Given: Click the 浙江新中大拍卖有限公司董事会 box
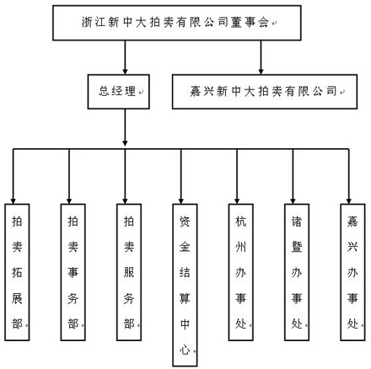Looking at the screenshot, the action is click(x=177, y=23).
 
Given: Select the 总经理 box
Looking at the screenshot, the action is click(x=118, y=92).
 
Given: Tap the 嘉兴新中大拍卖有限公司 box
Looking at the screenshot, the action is click(x=265, y=92).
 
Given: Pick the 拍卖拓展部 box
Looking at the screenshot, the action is click(x=17, y=272).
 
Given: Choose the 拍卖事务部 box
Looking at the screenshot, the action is click(x=73, y=272).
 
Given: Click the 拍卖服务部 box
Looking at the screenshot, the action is click(x=129, y=272).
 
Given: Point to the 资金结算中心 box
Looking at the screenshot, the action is click(x=185, y=285).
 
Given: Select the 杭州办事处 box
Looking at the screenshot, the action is click(x=240, y=272).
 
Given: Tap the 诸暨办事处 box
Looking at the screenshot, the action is click(x=297, y=272).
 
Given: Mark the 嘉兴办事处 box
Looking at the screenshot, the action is click(x=352, y=272).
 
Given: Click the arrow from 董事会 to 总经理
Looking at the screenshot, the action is click(x=125, y=57).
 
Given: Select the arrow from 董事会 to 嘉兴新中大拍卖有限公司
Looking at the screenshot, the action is click(x=261, y=57).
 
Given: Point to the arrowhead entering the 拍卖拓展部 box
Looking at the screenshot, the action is click(x=13, y=201).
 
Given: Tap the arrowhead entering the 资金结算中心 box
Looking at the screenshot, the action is click(x=181, y=201).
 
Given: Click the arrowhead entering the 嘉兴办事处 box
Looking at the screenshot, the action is click(x=349, y=201).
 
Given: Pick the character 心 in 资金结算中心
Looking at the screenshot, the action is click(x=185, y=350).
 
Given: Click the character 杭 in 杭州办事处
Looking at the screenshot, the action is click(x=240, y=222).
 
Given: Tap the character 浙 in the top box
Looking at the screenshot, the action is click(x=87, y=22).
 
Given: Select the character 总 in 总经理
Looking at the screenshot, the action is click(x=104, y=91).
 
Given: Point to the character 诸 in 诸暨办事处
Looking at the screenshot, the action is click(x=297, y=222).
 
